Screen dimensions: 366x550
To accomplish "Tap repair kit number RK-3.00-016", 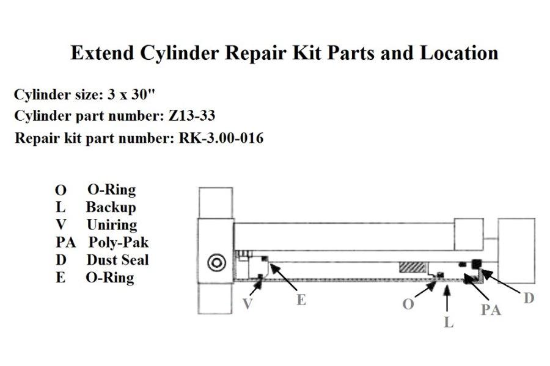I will pyautogui.click(x=221, y=138).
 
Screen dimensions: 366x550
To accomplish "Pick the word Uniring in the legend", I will pyautogui.click(x=112, y=224).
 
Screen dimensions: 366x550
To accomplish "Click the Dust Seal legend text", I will pyautogui.click(x=117, y=260).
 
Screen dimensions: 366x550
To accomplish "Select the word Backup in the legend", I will pyautogui.click(x=111, y=207).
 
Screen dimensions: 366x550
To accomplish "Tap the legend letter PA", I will pyautogui.click(x=65, y=242).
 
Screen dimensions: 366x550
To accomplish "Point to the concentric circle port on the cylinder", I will pyautogui.click(x=216, y=263).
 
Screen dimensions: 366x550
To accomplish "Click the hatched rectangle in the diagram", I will pyautogui.click(x=412, y=268).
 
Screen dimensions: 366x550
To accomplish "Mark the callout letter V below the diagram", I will pyautogui.click(x=247, y=304).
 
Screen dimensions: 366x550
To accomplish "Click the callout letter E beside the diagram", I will pyautogui.click(x=301, y=300).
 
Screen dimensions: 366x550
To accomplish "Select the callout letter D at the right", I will pyautogui.click(x=529, y=298).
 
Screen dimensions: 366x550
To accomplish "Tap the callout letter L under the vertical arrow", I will pyautogui.click(x=449, y=323).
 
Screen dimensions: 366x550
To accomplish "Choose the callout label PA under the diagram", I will pyautogui.click(x=490, y=310).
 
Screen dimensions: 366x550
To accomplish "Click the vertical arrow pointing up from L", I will pyautogui.click(x=449, y=299).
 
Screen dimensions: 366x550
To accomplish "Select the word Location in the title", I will pyautogui.click(x=458, y=54).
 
